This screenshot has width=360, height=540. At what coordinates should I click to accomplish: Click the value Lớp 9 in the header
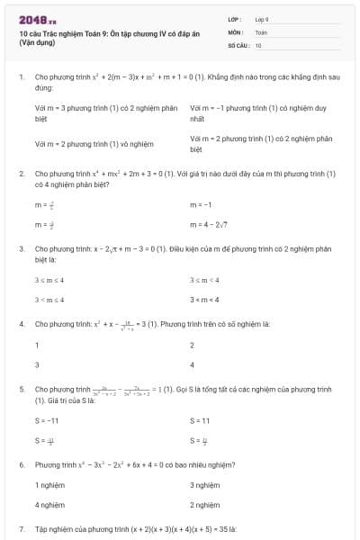[262, 18]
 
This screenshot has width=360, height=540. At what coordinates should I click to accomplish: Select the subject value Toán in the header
[261, 31]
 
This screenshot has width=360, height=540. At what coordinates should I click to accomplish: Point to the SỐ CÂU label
[238, 44]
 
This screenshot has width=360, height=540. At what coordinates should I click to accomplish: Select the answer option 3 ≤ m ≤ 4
[49, 280]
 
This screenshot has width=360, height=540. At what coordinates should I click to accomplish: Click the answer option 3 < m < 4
[204, 299]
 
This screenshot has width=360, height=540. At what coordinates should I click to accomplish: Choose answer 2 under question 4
[193, 346]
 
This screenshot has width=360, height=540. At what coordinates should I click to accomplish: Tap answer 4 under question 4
[193, 364]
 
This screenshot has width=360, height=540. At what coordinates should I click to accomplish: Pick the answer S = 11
[200, 420]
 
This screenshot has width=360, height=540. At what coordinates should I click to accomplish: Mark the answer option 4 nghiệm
[49, 505]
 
